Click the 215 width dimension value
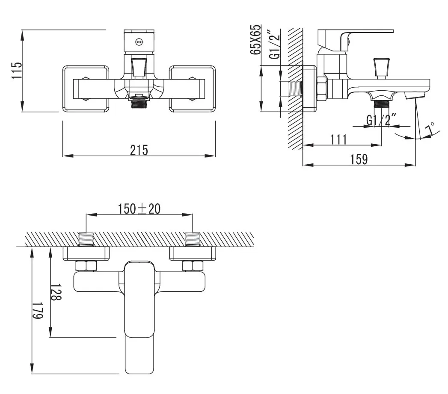(139, 150)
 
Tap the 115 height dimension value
(16, 71)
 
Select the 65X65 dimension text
(255, 39)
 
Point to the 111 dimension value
(338, 139)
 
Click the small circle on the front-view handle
(138, 42)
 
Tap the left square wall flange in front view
(86, 89)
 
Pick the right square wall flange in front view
(192, 89)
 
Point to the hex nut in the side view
(321, 89)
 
